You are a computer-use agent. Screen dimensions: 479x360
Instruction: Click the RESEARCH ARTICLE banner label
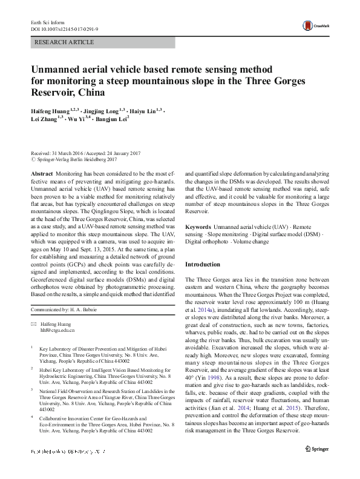pyautogui.click(x=65, y=42)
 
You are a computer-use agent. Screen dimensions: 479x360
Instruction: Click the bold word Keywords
pyautogui.click(x=198, y=225)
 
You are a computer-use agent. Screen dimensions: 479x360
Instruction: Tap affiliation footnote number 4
pyautogui.click(x=31, y=417)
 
